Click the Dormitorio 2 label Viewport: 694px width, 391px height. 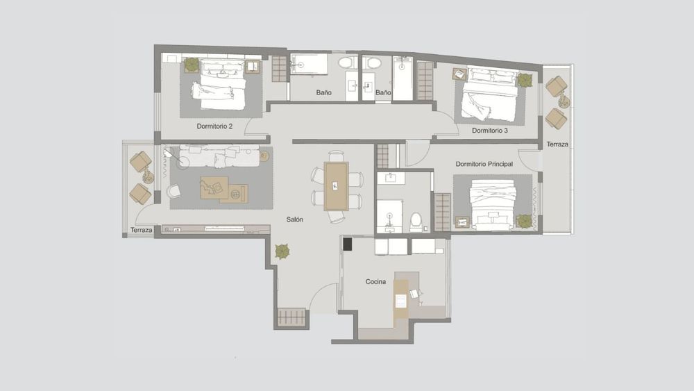[x=214, y=126]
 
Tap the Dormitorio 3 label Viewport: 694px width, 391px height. [x=489, y=131]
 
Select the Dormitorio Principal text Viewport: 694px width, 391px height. [x=484, y=164]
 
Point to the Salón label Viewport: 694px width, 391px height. [x=295, y=219]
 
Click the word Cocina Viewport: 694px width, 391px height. [x=375, y=282]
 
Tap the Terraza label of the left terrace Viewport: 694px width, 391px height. [x=141, y=230]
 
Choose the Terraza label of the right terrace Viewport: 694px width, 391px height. [x=557, y=144]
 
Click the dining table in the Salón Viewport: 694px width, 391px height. [x=337, y=186]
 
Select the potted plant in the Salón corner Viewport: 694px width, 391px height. [x=282, y=251]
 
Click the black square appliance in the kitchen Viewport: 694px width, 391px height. [x=348, y=244]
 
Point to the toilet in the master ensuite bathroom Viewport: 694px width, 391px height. [x=416, y=222]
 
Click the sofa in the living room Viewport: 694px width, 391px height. [x=219, y=156]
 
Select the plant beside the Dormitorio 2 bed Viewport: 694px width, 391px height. [x=192, y=65]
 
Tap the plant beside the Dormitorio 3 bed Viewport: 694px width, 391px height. [x=525, y=80]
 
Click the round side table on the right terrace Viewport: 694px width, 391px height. [x=564, y=103]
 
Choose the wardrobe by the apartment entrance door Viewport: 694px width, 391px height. [x=291, y=317]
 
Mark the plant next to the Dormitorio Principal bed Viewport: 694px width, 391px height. [x=525, y=222]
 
